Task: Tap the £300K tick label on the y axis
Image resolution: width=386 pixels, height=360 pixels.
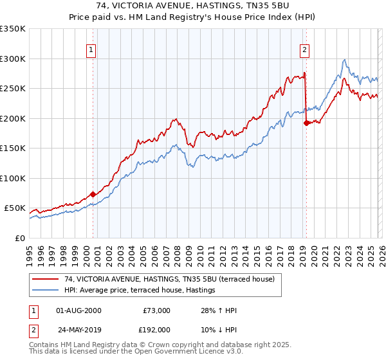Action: [13, 59]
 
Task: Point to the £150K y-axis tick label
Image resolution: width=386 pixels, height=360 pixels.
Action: [13, 148]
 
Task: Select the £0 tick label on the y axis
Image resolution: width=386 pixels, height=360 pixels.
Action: [19, 238]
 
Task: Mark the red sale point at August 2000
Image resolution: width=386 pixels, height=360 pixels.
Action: [93, 194]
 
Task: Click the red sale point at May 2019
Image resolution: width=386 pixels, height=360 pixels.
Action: [306, 123]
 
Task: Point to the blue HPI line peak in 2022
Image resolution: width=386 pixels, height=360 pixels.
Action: [345, 60]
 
